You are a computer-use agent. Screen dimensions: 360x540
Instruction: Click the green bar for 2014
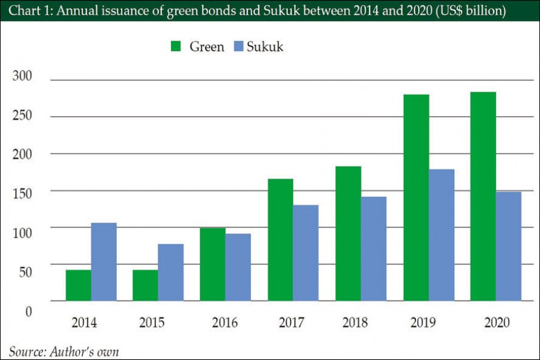coord(79,286)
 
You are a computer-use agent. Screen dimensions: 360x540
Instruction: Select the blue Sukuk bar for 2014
coord(104,262)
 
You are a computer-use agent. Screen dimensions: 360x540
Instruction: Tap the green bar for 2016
coord(212,265)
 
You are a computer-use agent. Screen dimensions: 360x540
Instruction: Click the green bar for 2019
coord(416,198)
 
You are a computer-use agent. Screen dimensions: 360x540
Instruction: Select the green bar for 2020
coord(483,197)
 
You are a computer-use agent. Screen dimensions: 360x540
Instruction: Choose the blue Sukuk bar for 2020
coord(509,247)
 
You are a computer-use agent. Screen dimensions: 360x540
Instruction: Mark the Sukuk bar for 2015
coord(171,272)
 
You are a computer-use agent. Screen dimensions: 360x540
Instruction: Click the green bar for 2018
coord(348,234)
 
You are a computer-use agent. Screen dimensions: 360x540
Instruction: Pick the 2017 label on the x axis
coord(292,323)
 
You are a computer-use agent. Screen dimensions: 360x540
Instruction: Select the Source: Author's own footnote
coord(64,351)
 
